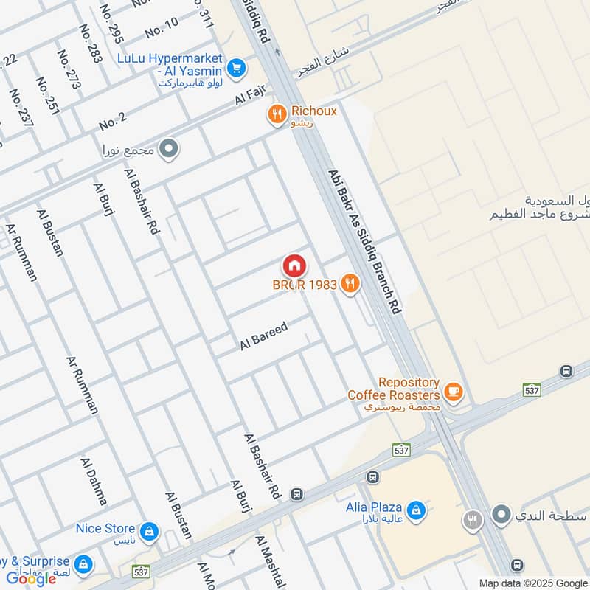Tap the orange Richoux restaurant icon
click(277, 114)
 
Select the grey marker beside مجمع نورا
click(170, 150)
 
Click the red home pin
click(294, 265)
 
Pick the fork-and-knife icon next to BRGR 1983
click(350, 284)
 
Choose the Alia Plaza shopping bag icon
click(416, 510)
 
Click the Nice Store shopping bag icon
click(149, 530)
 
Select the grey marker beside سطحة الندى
click(502, 515)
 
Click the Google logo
click(32, 578)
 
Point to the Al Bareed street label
click(263, 336)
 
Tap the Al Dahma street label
click(94, 481)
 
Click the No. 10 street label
click(162, 28)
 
